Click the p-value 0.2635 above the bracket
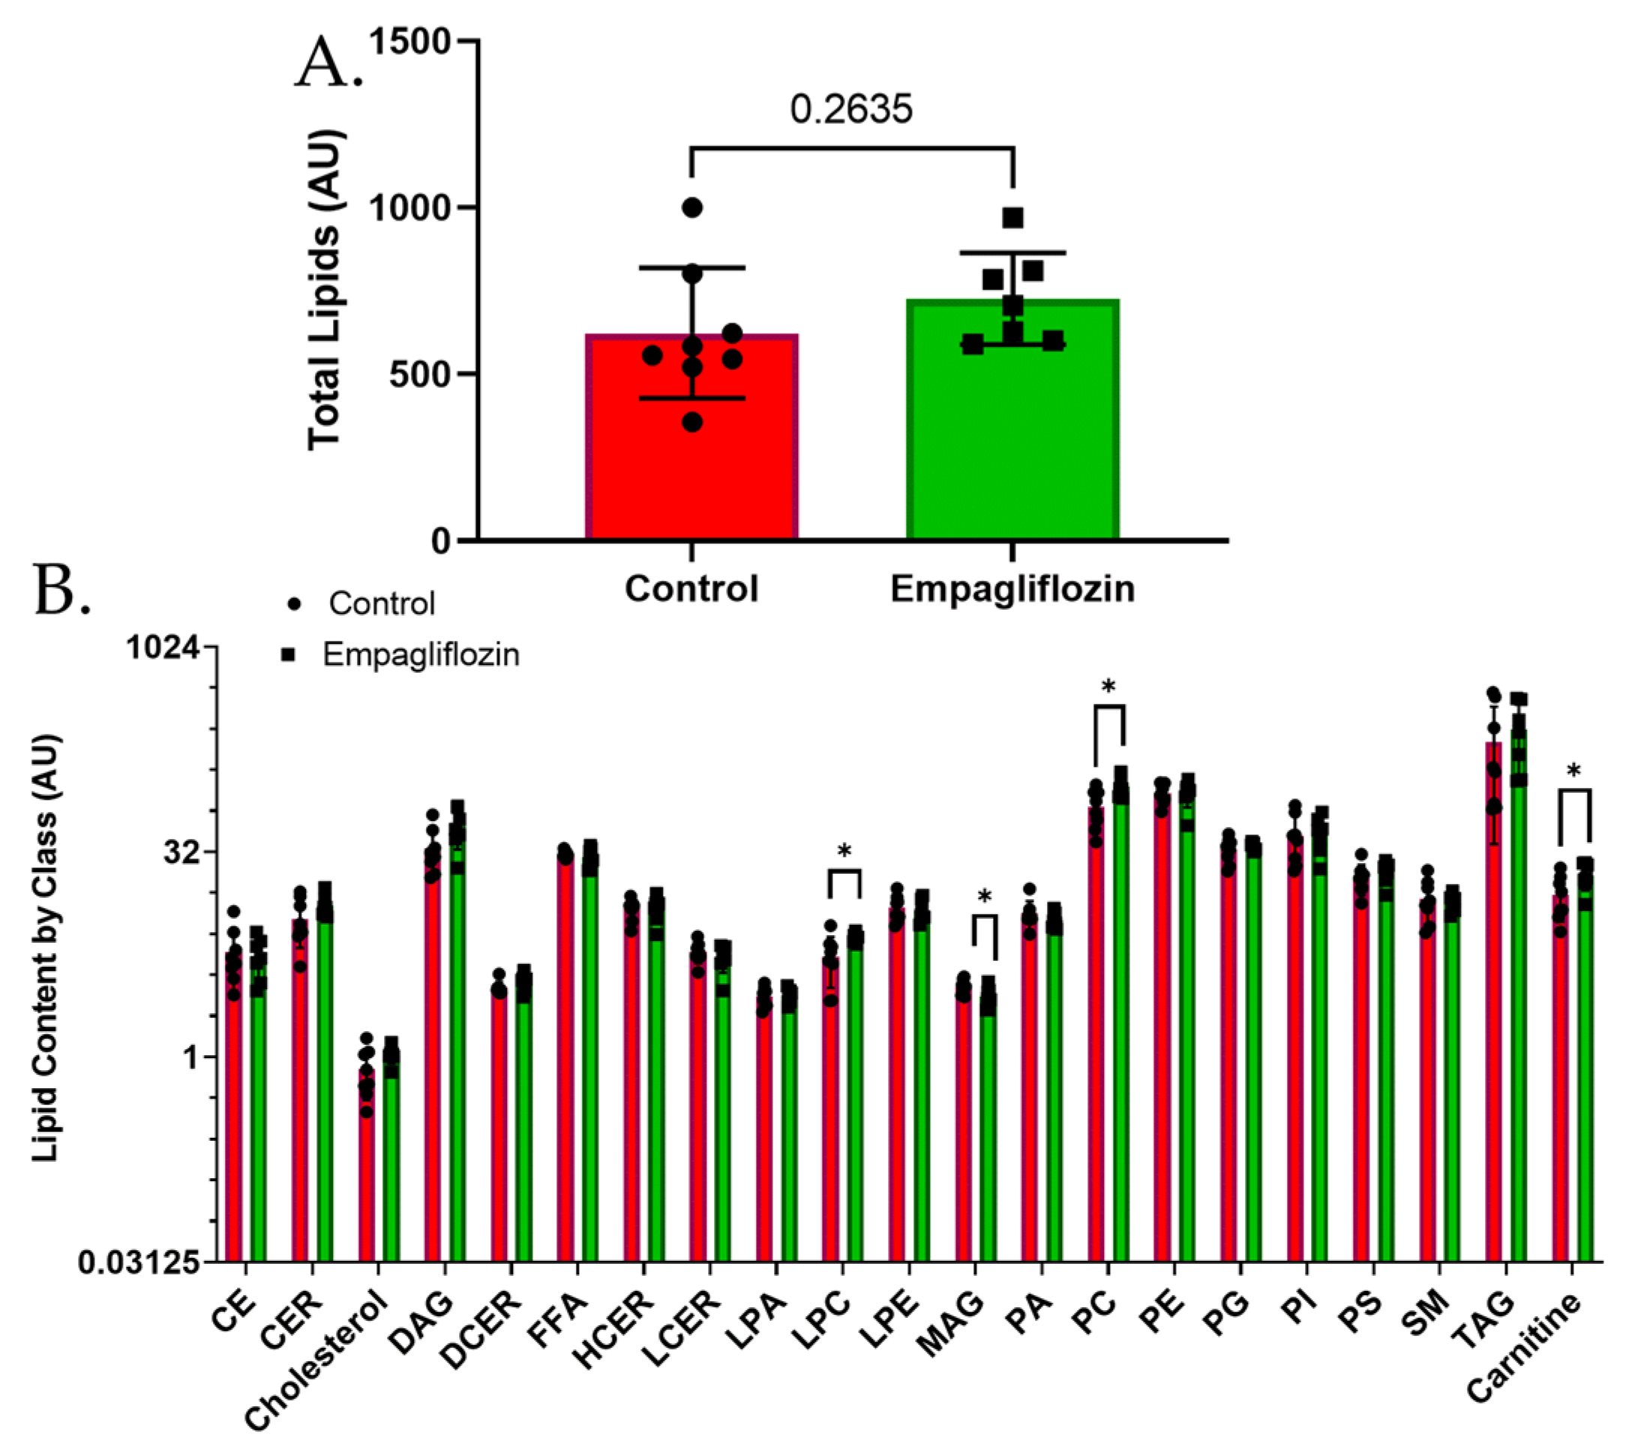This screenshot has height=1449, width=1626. point(850,109)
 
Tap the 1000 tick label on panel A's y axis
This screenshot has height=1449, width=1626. point(410,208)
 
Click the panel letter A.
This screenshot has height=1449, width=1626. point(326,64)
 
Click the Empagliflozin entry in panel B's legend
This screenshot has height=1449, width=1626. point(420,655)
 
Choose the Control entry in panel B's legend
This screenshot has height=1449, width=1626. point(382,604)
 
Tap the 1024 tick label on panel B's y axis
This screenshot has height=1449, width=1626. point(163,647)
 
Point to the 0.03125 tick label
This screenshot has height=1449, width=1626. point(139,1262)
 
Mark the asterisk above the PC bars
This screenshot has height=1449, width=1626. point(1108,686)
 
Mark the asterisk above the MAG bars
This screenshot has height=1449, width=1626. point(984,897)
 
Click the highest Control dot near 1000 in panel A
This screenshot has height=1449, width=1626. point(692,208)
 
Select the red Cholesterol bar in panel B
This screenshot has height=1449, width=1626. point(365,1170)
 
